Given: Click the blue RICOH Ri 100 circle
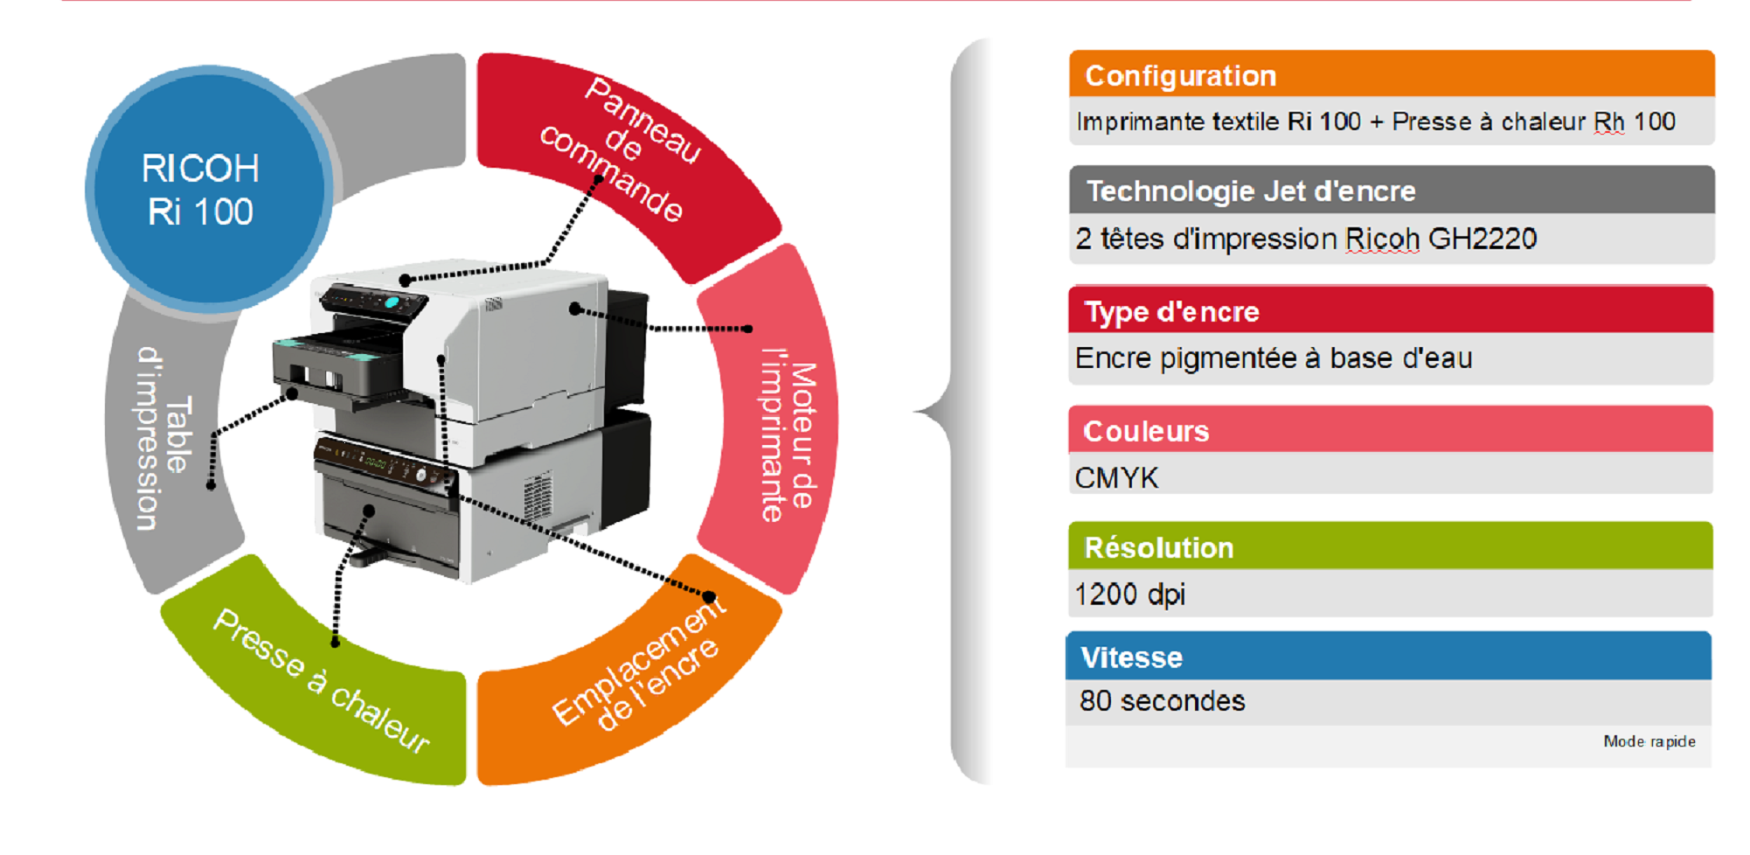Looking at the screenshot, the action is click(x=208, y=189).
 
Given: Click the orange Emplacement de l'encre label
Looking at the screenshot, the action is click(x=639, y=664).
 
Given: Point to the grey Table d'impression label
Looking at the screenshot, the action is click(x=163, y=438).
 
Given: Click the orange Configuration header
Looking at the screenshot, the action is click(x=1391, y=74).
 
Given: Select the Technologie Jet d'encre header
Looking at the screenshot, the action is click(x=1391, y=190).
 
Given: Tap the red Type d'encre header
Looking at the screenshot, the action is click(x=1390, y=310).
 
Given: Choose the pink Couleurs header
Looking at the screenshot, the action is click(x=1390, y=429).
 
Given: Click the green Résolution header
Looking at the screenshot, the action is click(x=1390, y=546).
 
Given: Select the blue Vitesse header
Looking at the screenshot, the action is click(x=1388, y=656).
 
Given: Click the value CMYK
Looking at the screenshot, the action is click(x=1116, y=478).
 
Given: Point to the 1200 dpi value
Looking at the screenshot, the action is click(x=1129, y=594).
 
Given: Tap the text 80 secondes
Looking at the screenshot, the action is click(x=1162, y=701).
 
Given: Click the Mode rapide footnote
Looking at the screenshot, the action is click(x=1649, y=741).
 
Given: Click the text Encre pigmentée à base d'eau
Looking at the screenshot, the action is click(x=1274, y=358).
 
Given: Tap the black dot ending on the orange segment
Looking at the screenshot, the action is click(x=710, y=597).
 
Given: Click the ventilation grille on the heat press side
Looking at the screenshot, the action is click(x=537, y=495).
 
